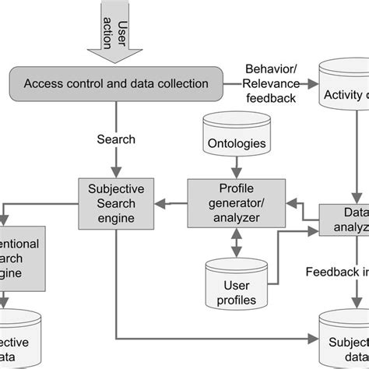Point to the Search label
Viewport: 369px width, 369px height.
(x=116, y=139)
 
